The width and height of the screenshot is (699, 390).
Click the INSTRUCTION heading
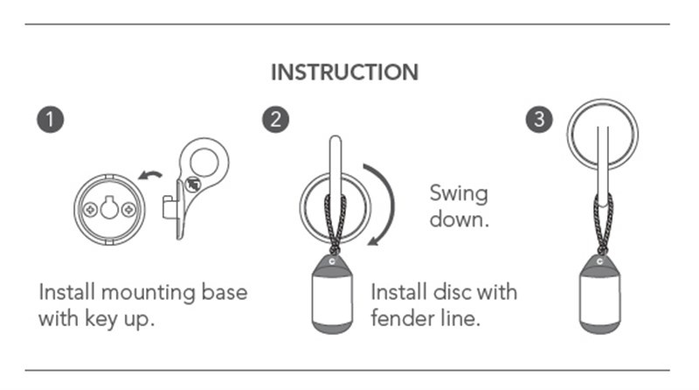tap(344, 73)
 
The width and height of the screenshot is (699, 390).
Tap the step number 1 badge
tap(51, 119)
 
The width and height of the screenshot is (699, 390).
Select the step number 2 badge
tap(275, 119)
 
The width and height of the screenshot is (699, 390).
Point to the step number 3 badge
tap(539, 119)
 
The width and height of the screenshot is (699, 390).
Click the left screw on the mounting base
tap(91, 209)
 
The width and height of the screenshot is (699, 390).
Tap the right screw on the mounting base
tap(128, 209)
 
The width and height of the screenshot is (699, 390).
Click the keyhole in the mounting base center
tap(109, 207)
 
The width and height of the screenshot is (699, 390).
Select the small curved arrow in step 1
tap(150, 176)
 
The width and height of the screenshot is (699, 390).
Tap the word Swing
tap(459, 194)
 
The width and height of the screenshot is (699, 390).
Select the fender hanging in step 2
tap(332, 295)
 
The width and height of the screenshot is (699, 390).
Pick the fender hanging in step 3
tap(600, 295)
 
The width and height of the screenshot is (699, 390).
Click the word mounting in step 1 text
tap(148, 294)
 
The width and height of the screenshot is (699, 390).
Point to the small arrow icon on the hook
tap(193, 185)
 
